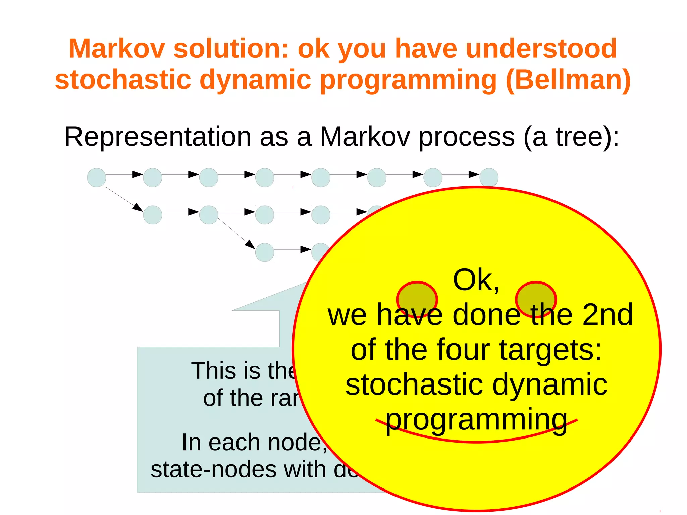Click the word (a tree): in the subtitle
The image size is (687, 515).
click(x=571, y=137)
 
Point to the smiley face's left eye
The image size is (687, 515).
click(x=417, y=300)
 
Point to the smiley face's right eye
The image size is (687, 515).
click(x=536, y=300)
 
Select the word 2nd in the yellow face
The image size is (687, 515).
click(x=607, y=315)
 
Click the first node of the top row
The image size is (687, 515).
click(x=97, y=177)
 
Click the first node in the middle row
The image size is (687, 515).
click(x=153, y=215)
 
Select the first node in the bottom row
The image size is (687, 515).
click(x=265, y=252)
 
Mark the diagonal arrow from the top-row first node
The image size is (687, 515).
click(x=124, y=199)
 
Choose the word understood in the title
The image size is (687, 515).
click(x=541, y=49)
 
